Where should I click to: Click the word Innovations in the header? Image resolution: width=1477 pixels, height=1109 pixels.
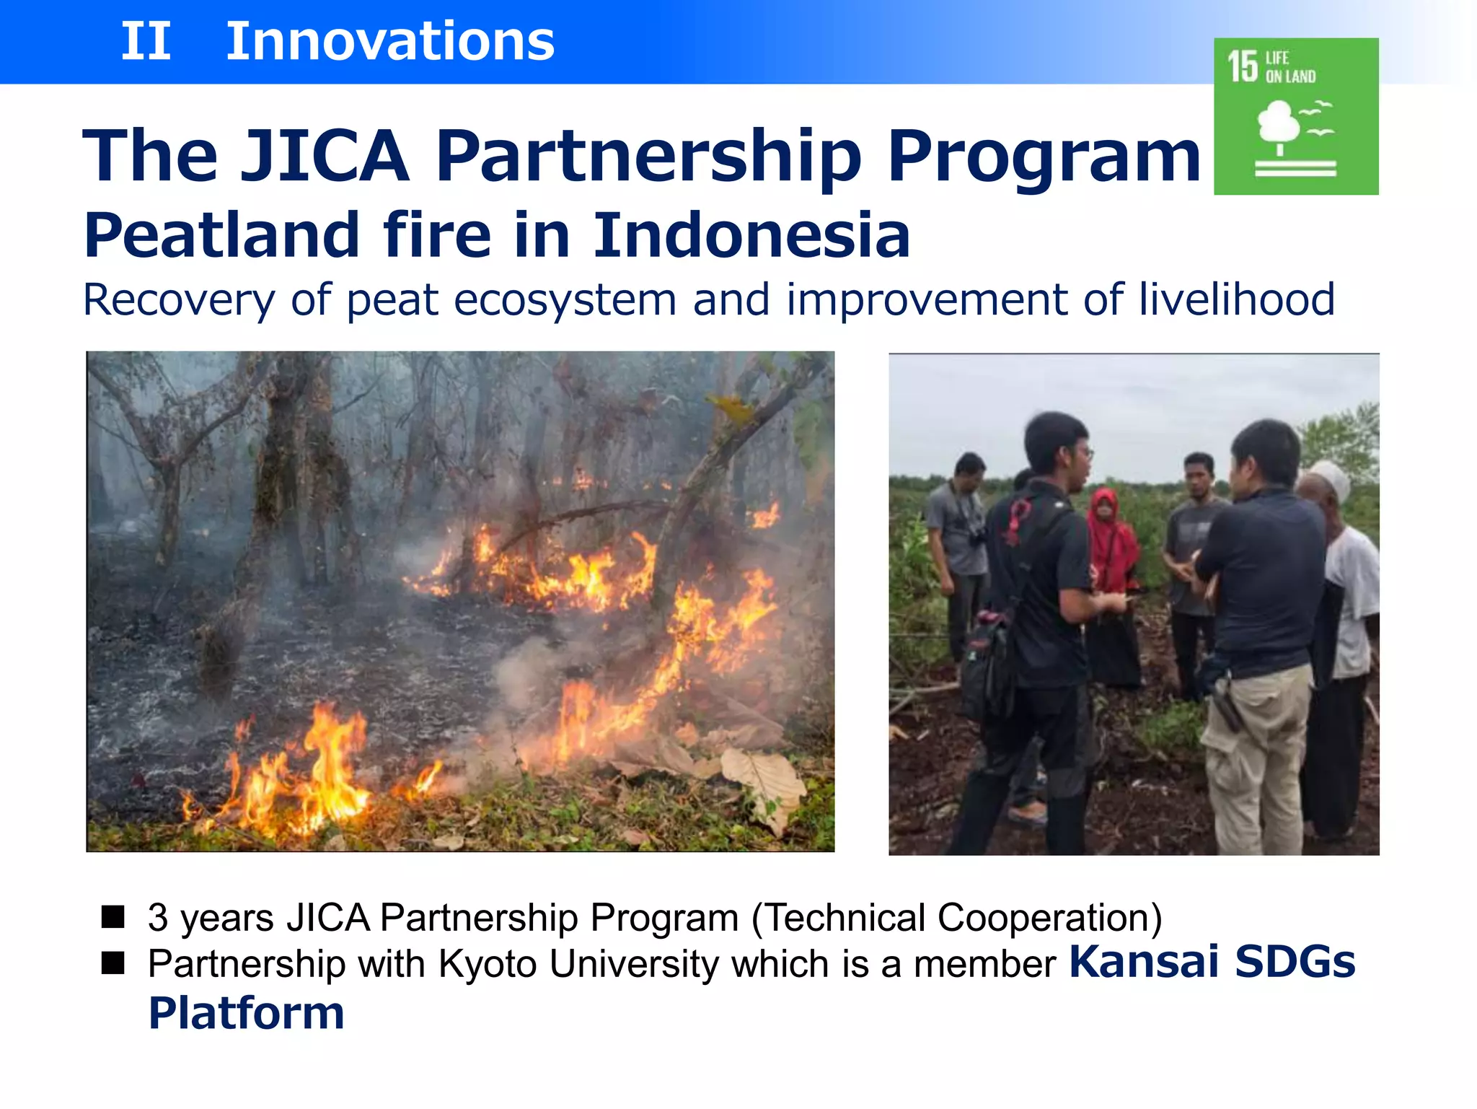point(390,41)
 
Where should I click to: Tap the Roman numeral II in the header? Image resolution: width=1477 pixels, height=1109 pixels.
point(146,41)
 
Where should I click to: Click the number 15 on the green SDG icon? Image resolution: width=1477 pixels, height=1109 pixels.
point(1243,66)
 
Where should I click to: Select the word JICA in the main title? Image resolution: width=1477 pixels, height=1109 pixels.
point(325,155)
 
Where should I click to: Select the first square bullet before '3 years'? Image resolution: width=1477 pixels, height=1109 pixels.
point(113,917)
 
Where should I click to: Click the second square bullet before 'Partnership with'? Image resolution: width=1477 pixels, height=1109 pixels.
point(113,963)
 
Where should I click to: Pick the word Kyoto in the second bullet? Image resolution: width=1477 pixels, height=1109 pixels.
point(488,964)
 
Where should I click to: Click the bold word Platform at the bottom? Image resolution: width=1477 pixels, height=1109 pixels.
point(247,1012)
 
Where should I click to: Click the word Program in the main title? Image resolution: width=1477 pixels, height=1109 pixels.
point(1044,155)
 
